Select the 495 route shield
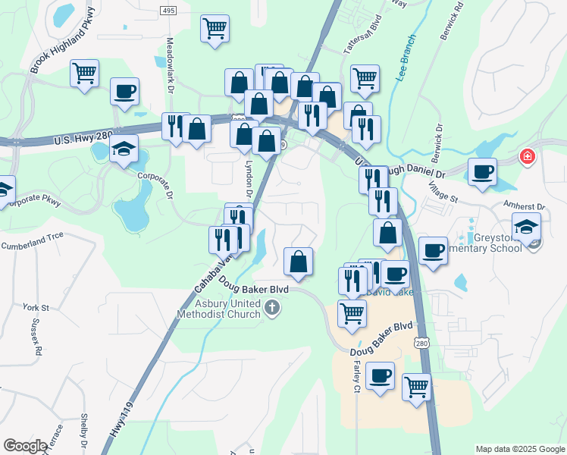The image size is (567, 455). pos(168,10)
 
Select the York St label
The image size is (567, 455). pos(36,308)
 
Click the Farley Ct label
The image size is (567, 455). pos(355,376)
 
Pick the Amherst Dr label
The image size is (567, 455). pos(525,206)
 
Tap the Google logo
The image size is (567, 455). pos(26,446)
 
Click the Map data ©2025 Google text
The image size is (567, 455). pos(519,449)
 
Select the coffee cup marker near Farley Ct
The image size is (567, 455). pos(380,375)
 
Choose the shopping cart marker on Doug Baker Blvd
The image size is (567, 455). pos(352,312)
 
